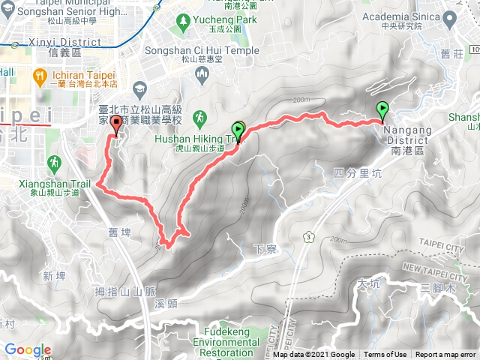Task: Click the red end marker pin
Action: click(115, 125)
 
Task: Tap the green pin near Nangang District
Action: click(383, 110)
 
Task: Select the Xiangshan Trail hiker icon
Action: click(53, 162)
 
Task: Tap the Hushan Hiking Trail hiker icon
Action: click(199, 118)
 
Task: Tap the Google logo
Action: click(28, 349)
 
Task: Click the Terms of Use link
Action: click(385, 355)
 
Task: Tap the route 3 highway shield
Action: click(309, 237)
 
